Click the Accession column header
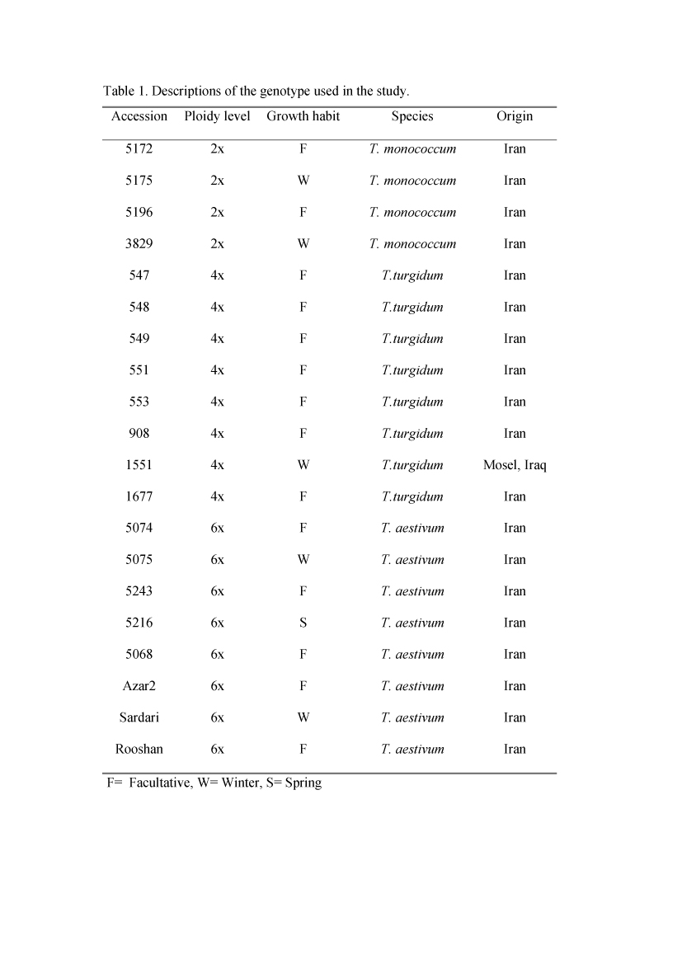tap(139, 116)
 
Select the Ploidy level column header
tap(217, 116)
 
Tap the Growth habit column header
tap(303, 116)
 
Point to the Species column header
tap(412, 116)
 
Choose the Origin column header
tap(515, 116)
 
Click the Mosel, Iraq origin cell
tap(515, 465)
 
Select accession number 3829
tap(139, 244)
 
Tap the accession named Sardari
tap(139, 717)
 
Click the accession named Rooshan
tap(139, 750)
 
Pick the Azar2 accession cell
tap(139, 686)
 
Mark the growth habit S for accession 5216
tap(303, 623)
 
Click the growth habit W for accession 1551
tap(303, 465)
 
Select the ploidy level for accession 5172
tap(217, 149)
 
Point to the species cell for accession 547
tap(412, 275)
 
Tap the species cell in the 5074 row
tap(412, 529)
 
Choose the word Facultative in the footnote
tap(160, 783)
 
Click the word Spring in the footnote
tap(303, 783)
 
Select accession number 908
tap(139, 434)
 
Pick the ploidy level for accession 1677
tap(217, 497)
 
